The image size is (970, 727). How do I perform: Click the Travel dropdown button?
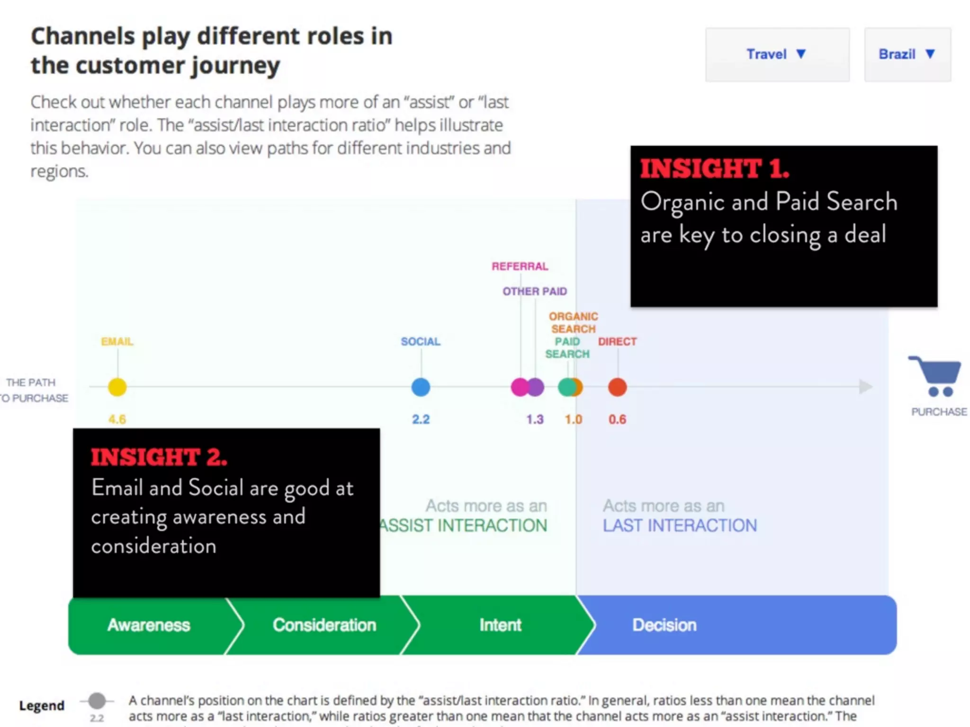[x=777, y=54]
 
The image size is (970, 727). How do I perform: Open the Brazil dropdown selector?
[x=907, y=54]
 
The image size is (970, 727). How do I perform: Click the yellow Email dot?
[x=117, y=387]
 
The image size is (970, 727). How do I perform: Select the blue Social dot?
[x=421, y=387]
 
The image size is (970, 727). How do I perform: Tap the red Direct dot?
[x=617, y=387]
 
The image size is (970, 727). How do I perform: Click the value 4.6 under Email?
[x=117, y=419]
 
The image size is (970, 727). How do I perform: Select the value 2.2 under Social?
[x=421, y=419]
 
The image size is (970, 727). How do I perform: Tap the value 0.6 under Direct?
[x=617, y=419]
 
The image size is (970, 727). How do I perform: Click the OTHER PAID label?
[x=535, y=291]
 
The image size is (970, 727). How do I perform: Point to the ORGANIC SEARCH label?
[x=573, y=322]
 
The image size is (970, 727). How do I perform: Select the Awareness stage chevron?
[x=149, y=625]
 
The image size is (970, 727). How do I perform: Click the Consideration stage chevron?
[x=324, y=625]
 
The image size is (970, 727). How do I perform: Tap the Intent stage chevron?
[x=500, y=625]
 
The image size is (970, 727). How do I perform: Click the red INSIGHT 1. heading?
[x=714, y=168]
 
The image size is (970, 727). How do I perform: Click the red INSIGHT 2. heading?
[x=159, y=457]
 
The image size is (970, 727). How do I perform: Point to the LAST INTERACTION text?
[x=680, y=525]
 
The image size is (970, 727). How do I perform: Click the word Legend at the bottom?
[x=42, y=705]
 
